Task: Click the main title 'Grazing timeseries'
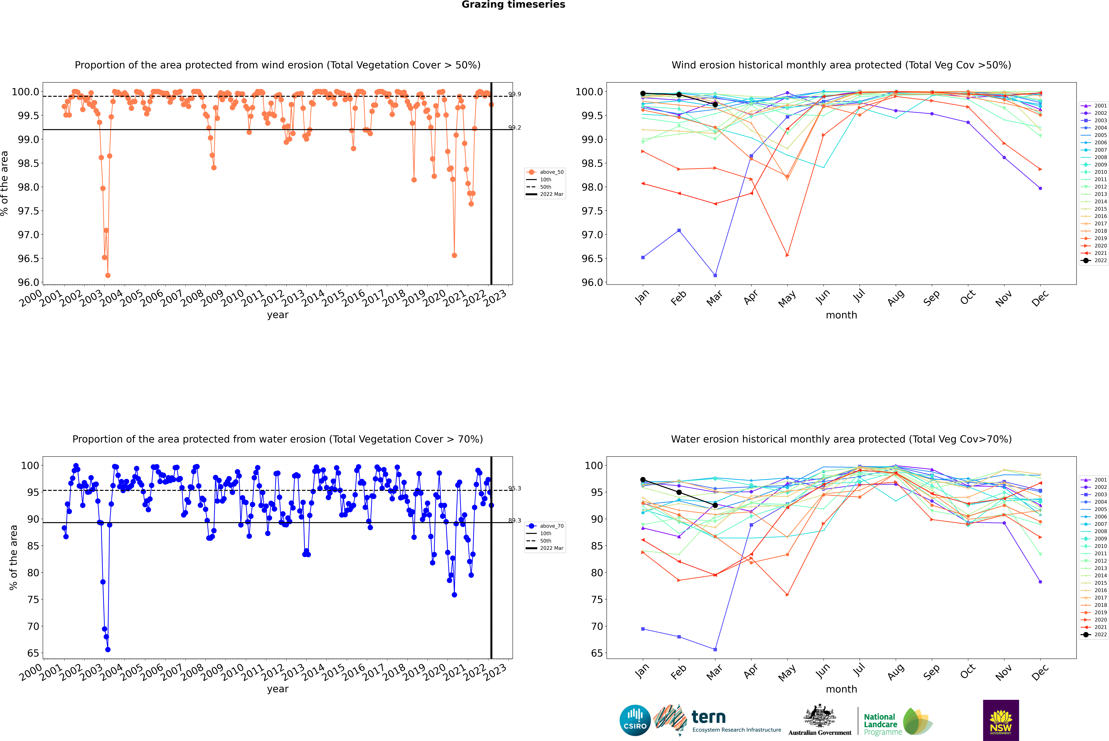coord(513,5)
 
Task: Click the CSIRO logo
coord(635,720)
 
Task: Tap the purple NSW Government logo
coord(1001,720)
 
